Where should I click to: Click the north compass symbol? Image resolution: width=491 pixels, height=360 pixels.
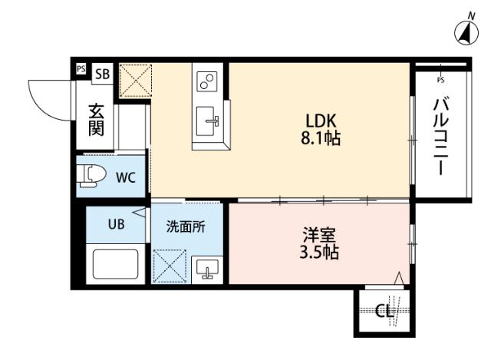point(466,31)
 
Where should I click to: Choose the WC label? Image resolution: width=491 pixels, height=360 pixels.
point(125,177)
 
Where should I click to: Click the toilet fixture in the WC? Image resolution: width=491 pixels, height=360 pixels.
point(91,176)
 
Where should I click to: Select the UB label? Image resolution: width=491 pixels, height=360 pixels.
point(115,225)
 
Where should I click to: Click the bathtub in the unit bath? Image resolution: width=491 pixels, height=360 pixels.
point(115,266)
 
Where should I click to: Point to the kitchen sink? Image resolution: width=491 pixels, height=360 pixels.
point(208,121)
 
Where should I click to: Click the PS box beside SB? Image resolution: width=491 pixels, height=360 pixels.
point(81,69)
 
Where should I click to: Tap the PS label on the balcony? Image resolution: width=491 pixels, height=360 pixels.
point(440,79)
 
